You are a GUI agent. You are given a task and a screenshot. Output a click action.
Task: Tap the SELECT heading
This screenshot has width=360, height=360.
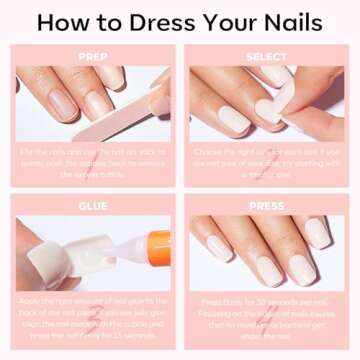267,57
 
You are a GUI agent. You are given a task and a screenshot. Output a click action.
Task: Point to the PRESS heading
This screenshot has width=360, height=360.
267,205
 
